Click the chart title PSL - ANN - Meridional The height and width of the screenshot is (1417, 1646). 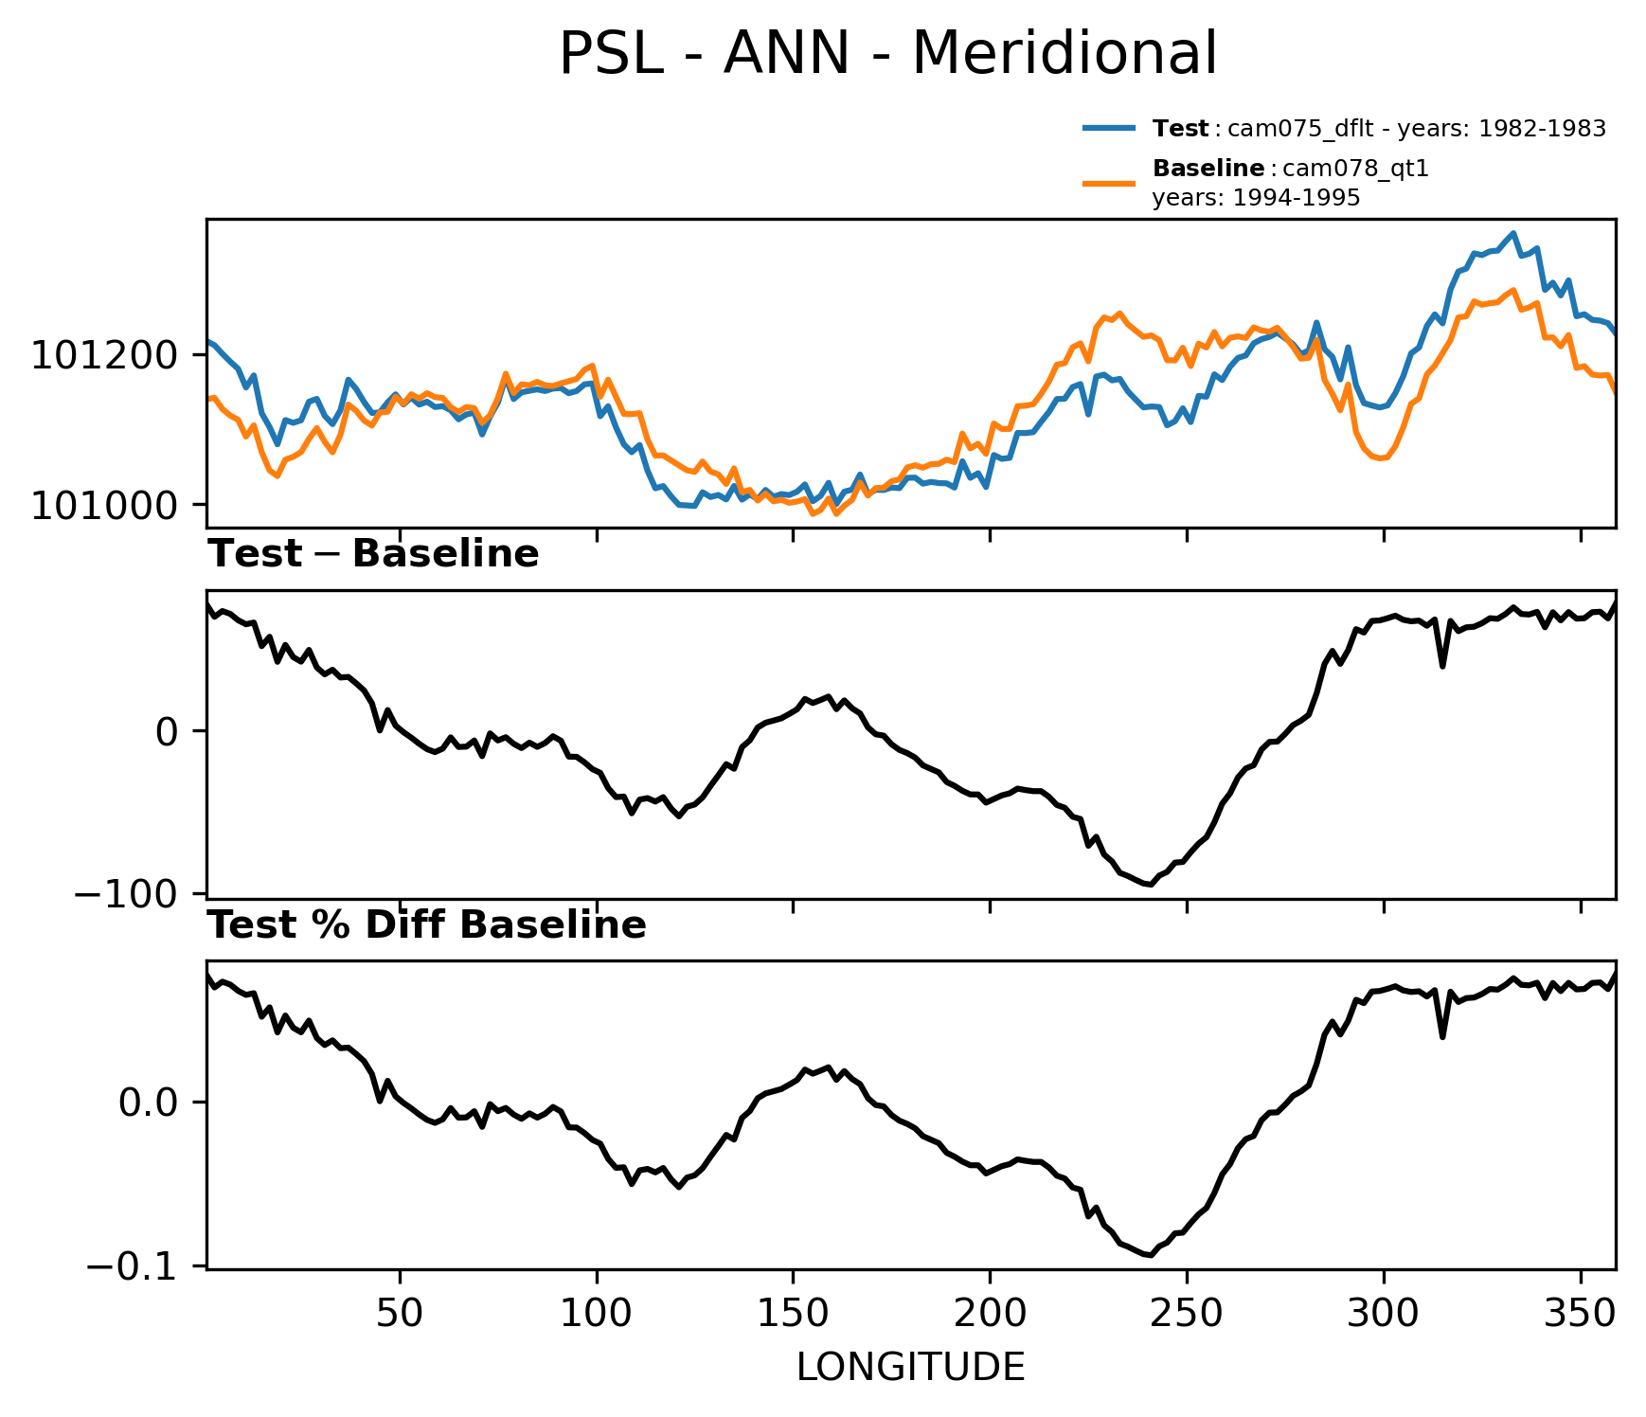[887, 54]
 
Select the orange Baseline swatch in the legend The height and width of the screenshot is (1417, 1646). [1109, 182]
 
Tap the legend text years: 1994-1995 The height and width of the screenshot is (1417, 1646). [1256, 198]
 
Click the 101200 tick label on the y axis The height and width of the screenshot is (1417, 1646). [104, 356]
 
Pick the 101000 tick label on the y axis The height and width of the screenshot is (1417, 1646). [104, 506]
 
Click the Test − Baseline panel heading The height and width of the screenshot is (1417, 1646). [373, 554]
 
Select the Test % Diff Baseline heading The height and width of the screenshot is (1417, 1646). [426, 925]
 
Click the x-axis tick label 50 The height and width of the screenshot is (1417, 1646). [399, 1314]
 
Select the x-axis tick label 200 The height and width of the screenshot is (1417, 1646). [990, 1314]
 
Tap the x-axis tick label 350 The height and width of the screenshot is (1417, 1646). [1580, 1314]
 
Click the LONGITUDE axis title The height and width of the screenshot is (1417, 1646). [910, 1368]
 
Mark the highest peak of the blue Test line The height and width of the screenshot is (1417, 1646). [1512, 233]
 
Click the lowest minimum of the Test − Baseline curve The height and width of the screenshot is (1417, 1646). [1149, 885]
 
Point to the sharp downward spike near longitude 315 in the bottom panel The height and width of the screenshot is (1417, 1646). [1442, 1036]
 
